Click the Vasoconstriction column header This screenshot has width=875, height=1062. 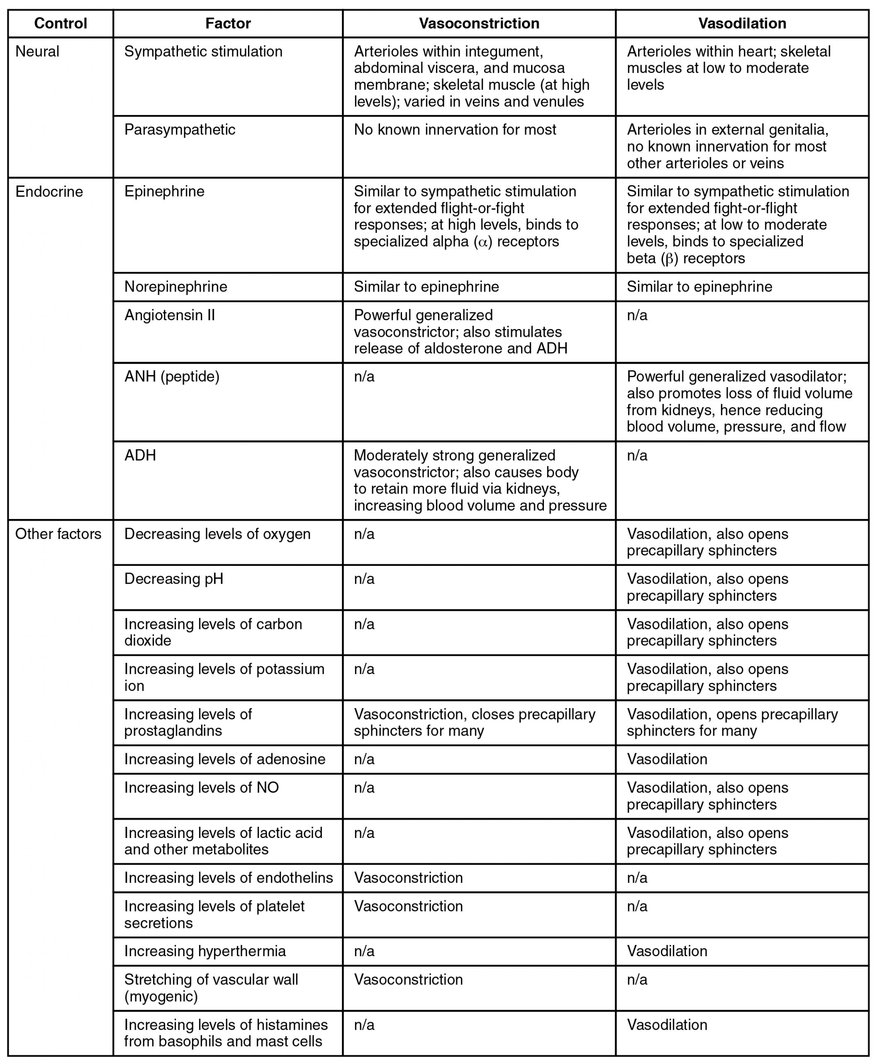[x=479, y=24]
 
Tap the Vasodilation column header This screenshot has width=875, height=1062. [x=741, y=24]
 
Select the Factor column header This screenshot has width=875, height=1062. [x=228, y=24]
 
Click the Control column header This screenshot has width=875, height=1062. [x=61, y=24]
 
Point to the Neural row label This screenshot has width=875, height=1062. [x=37, y=51]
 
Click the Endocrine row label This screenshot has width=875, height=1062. [x=49, y=192]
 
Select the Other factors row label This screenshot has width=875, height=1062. [x=58, y=534]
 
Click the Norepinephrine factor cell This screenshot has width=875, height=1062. [x=175, y=287]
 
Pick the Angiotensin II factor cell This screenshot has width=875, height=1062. [x=169, y=315]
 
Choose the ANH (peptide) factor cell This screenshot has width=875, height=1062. [x=171, y=377]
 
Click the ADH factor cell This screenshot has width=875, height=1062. [x=140, y=455]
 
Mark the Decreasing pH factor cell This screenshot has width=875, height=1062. [x=173, y=579]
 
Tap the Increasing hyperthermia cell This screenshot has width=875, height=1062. [x=205, y=951]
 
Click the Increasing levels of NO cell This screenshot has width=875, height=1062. [x=201, y=787]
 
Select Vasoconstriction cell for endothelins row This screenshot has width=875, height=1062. [x=408, y=877]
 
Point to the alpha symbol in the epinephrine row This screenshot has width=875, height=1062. [x=483, y=242]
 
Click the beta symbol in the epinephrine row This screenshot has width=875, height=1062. [x=669, y=258]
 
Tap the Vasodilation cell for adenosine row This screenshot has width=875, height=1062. [x=666, y=759]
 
